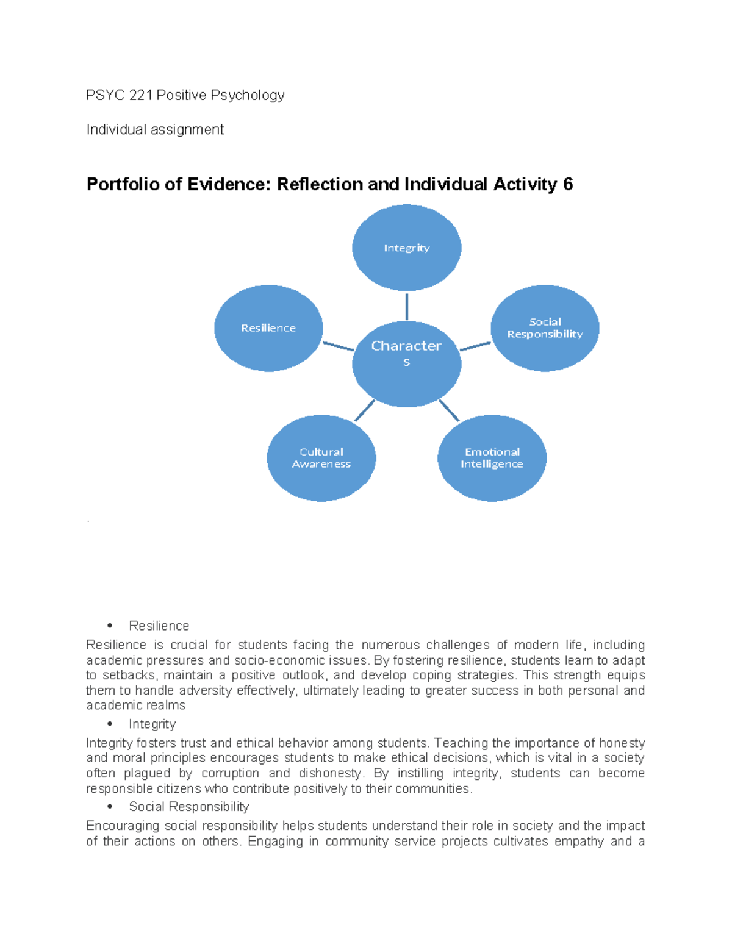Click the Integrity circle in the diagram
tap(407, 248)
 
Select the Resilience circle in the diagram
tap(268, 328)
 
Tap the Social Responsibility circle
tap(545, 328)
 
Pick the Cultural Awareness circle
tap(321, 458)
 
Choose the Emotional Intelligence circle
tap(492, 458)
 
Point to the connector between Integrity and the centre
tap(407, 306)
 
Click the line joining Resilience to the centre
tap(338, 346)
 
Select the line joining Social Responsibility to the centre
tap(475, 346)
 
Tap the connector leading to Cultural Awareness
tap(364, 410)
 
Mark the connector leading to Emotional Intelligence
tap(449, 410)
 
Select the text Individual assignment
tap(155, 129)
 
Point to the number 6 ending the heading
tap(568, 184)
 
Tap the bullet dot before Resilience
tap(110, 626)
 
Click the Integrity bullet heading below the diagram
tap(152, 724)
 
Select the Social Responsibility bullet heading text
tap(189, 807)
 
